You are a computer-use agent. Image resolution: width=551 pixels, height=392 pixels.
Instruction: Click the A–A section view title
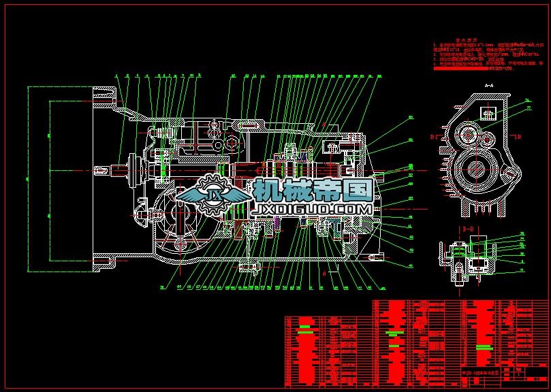[x=488, y=86]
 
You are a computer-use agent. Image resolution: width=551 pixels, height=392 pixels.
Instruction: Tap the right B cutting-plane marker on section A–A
[x=519, y=136]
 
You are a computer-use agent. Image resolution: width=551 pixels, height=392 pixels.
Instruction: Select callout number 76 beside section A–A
[x=528, y=101]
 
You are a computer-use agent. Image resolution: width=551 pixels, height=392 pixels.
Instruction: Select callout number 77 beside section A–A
[x=528, y=108]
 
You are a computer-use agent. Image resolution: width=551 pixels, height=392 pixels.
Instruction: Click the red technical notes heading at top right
[x=450, y=41]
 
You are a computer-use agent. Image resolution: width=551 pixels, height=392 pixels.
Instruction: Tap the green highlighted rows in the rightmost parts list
[x=484, y=347]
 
